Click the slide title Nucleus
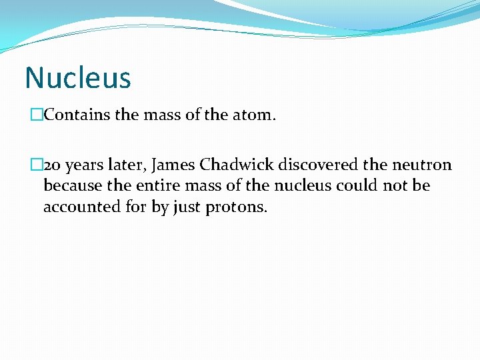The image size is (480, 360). pyautogui.click(x=78, y=77)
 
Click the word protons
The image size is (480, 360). pyautogui.click(x=236, y=207)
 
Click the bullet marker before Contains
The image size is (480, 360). pyautogui.click(x=36, y=115)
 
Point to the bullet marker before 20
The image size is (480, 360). pyautogui.click(x=36, y=165)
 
